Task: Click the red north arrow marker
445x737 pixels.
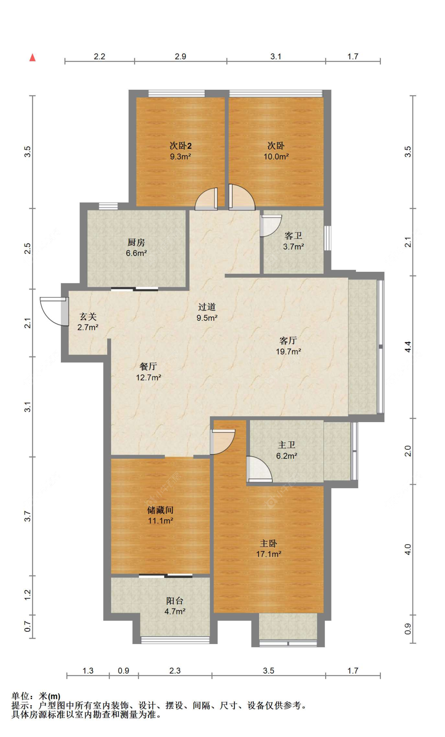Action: click(x=32, y=58)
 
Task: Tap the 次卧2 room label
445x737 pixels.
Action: click(x=180, y=146)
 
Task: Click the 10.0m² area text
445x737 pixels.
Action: click(x=276, y=157)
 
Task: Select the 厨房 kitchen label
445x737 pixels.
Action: click(x=136, y=242)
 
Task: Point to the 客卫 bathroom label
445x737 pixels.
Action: click(x=293, y=236)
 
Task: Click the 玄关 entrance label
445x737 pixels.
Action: click(x=88, y=316)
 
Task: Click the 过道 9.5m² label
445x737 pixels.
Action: click(x=207, y=312)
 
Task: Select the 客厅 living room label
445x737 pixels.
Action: click(x=288, y=341)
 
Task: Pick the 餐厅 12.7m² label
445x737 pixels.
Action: click(x=148, y=371)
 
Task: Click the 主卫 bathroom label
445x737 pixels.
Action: click(x=286, y=445)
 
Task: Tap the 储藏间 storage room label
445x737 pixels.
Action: click(x=160, y=510)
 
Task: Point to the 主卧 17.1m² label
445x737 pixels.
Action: click(x=268, y=548)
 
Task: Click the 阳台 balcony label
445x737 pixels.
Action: click(x=174, y=601)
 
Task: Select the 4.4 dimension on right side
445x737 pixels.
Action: click(x=408, y=347)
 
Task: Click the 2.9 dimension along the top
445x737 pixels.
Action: click(x=180, y=57)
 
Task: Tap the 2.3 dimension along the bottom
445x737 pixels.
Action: click(x=174, y=671)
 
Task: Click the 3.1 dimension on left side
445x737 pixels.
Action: click(x=27, y=407)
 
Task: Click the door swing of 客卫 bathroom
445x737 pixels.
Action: click(x=271, y=225)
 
